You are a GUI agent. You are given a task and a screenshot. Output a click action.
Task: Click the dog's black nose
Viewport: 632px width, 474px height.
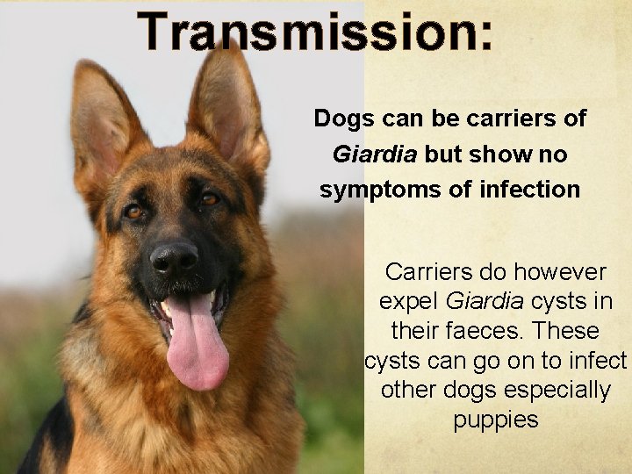(x=174, y=258)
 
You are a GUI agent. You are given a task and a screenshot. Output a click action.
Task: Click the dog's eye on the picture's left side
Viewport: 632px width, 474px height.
(x=133, y=211)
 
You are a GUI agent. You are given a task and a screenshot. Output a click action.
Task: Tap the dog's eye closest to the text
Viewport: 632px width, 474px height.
(x=210, y=199)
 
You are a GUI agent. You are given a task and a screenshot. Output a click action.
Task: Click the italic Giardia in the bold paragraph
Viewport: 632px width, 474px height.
(x=375, y=154)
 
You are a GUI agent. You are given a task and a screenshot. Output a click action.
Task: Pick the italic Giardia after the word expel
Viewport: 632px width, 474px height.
(x=485, y=301)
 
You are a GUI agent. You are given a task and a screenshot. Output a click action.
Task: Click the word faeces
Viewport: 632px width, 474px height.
(x=478, y=332)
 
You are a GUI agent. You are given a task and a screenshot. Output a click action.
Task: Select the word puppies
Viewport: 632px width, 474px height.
(x=496, y=420)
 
